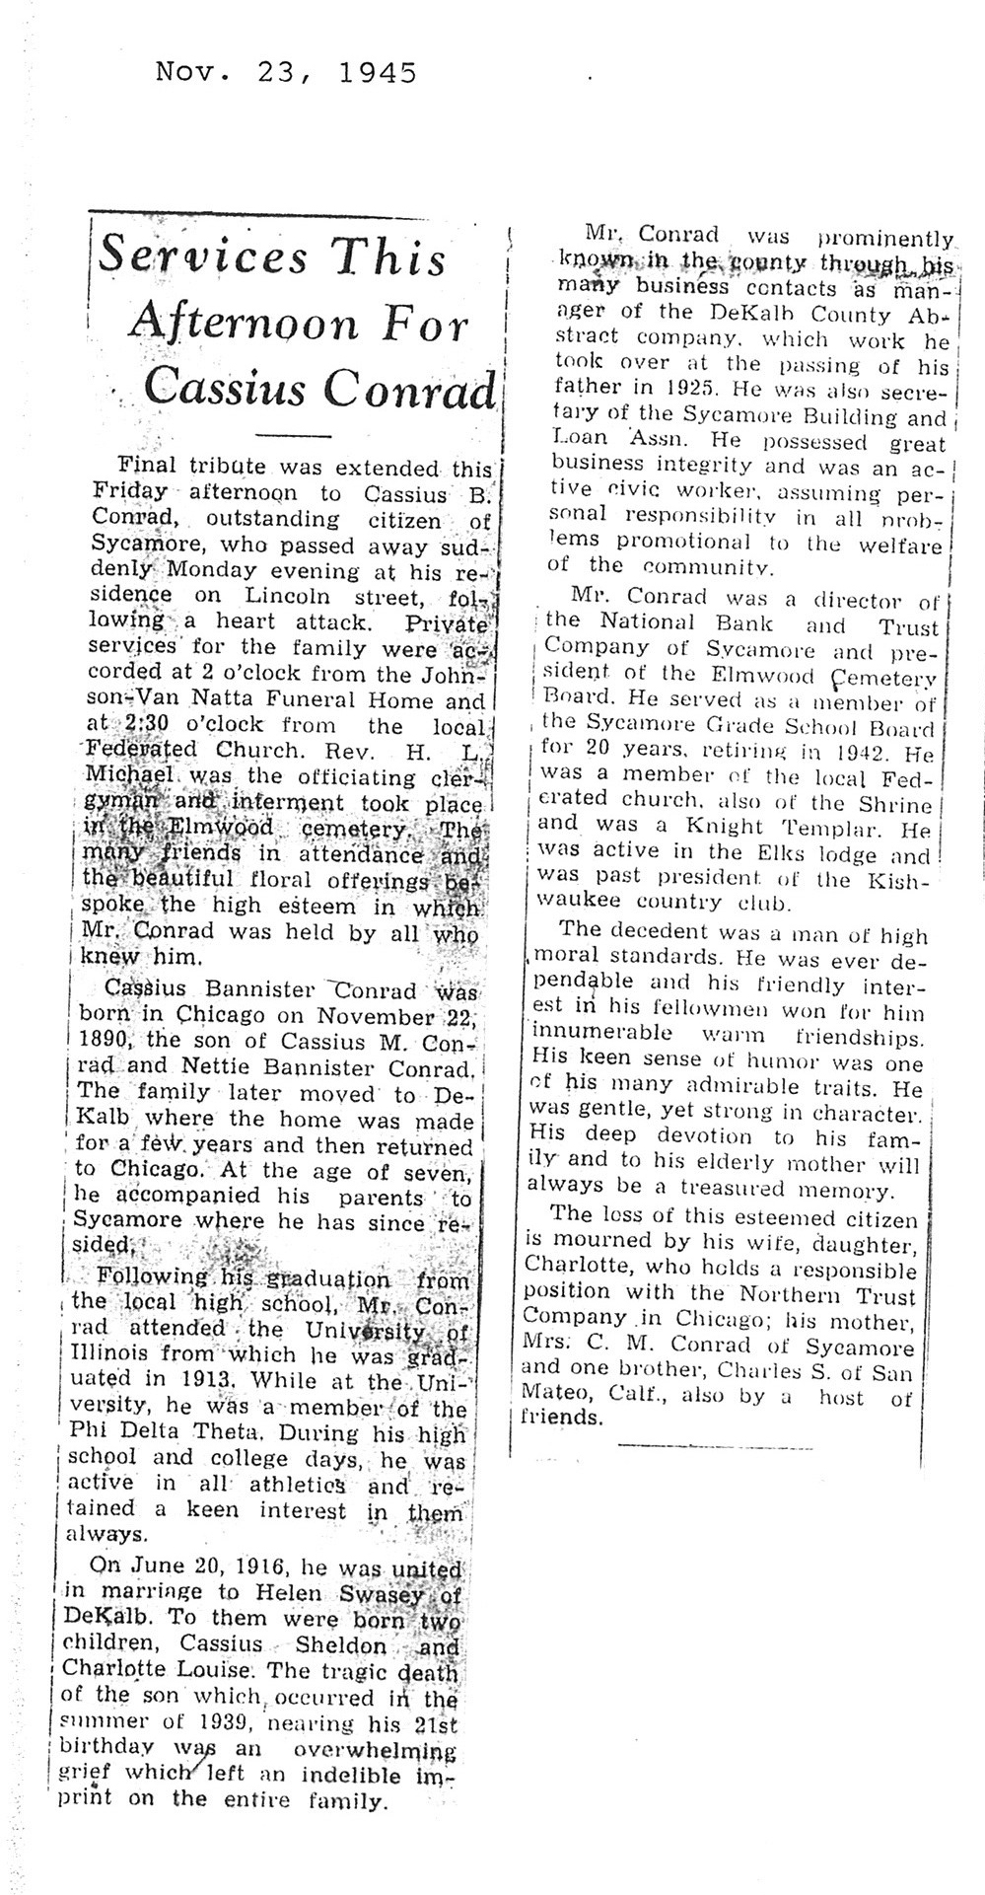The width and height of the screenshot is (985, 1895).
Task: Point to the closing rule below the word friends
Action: (x=716, y=1447)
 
